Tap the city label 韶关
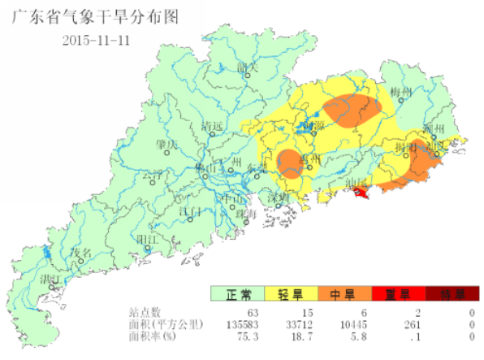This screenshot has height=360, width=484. tap(247, 67)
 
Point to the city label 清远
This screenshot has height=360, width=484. tap(213, 126)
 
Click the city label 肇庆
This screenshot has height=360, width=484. tap(167, 145)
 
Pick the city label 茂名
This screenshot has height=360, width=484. tap(81, 253)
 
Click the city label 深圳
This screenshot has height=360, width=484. tap(279, 197)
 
